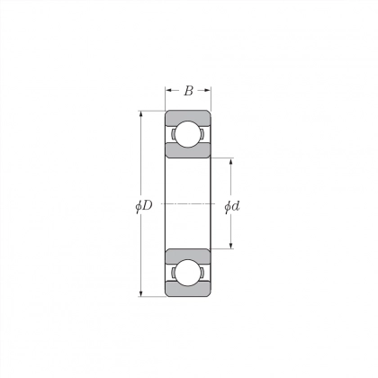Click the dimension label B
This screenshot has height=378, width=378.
[x=188, y=91]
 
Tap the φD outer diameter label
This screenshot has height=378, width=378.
[x=144, y=206]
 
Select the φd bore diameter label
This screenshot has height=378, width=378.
[x=232, y=206]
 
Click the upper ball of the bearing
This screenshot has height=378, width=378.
[x=188, y=134]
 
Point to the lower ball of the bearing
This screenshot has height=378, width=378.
[x=188, y=273]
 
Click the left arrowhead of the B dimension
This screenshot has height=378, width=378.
[x=168, y=90]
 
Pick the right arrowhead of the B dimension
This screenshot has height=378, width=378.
[x=208, y=90]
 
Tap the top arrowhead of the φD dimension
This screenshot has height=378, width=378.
[x=140, y=114]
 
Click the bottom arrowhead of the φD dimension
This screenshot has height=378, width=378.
[x=140, y=293]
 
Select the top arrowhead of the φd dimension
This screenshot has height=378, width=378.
[x=231, y=161]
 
